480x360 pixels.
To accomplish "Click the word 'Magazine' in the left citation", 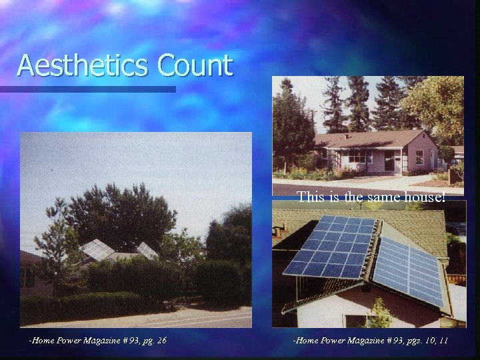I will [97, 341].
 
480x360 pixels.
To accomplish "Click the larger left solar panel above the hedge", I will [97, 249].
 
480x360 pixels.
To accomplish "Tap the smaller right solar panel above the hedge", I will [147, 250].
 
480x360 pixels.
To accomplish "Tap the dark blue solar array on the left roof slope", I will [329, 247].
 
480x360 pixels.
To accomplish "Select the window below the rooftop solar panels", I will [357, 321].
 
